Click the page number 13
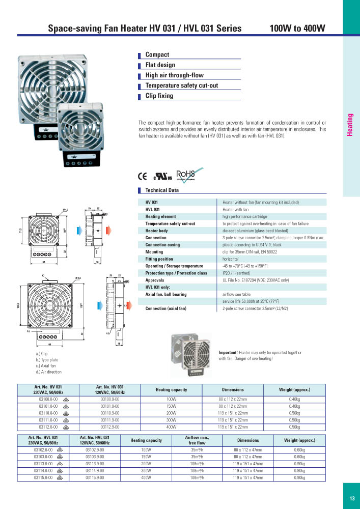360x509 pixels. point(352,498)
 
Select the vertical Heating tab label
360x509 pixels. point(350,125)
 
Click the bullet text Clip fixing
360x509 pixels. point(159,96)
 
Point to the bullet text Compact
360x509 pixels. point(157,54)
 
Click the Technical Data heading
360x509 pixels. point(162,190)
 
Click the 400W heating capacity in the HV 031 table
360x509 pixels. point(171,427)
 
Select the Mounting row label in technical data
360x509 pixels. point(154,252)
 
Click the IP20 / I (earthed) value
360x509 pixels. point(240,273)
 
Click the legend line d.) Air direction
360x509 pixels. point(49,372)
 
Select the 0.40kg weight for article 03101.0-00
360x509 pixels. point(294,407)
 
